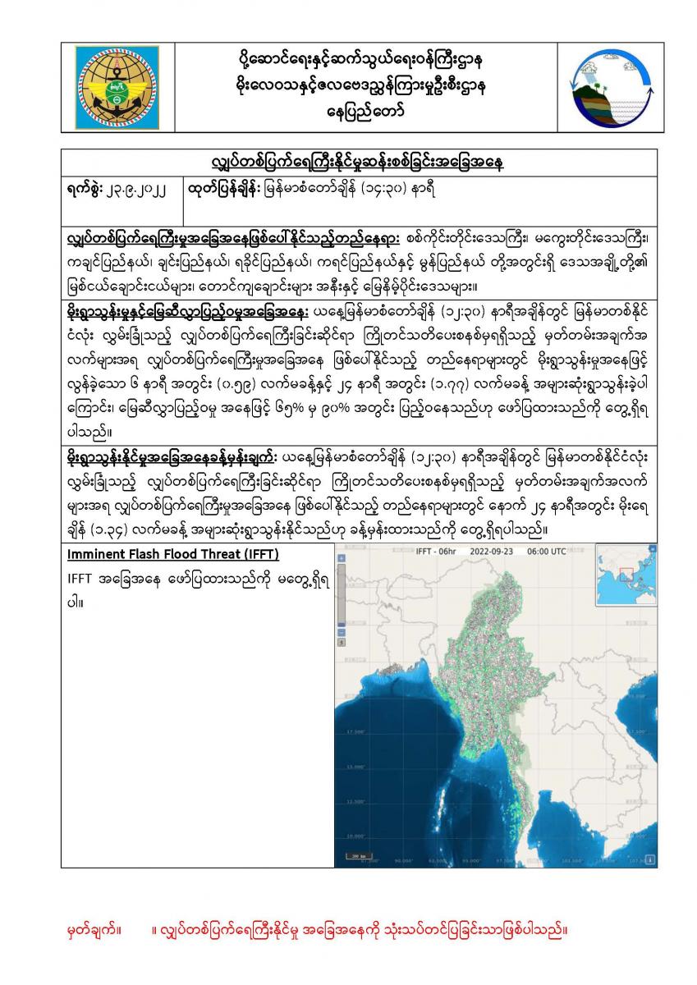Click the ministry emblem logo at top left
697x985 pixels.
pyautogui.click(x=121, y=85)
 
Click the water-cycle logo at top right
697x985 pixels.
pyautogui.click(x=599, y=85)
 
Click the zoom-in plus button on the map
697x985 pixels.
pyautogui.click(x=342, y=557)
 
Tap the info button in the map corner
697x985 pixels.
pyautogui.click(x=650, y=859)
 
